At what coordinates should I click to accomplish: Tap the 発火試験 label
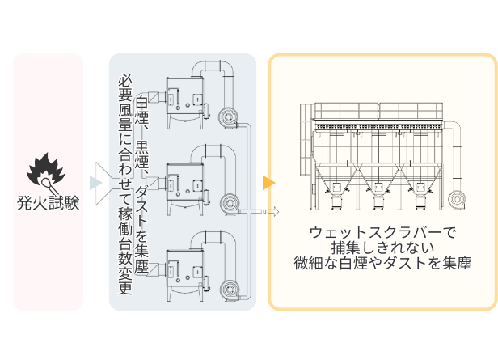[x=48, y=202]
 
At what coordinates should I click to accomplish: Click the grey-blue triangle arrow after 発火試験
[x=95, y=183]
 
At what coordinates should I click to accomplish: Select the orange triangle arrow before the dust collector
[x=268, y=183]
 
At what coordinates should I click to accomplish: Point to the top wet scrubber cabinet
[x=185, y=103]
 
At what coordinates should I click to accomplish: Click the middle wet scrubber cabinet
[x=185, y=188]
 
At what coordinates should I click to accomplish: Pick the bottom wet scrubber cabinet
[x=185, y=275]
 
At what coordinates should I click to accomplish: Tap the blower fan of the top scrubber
[x=228, y=117]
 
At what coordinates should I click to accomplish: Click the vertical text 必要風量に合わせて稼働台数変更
[x=125, y=184]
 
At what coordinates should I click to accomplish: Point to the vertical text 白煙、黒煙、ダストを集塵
[x=141, y=184]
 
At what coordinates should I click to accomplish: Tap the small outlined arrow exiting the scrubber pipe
[x=272, y=211]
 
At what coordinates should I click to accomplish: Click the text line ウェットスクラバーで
[x=382, y=233]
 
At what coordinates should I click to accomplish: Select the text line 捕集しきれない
[x=382, y=248]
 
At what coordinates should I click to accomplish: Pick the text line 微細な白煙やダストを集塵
[x=382, y=263]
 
